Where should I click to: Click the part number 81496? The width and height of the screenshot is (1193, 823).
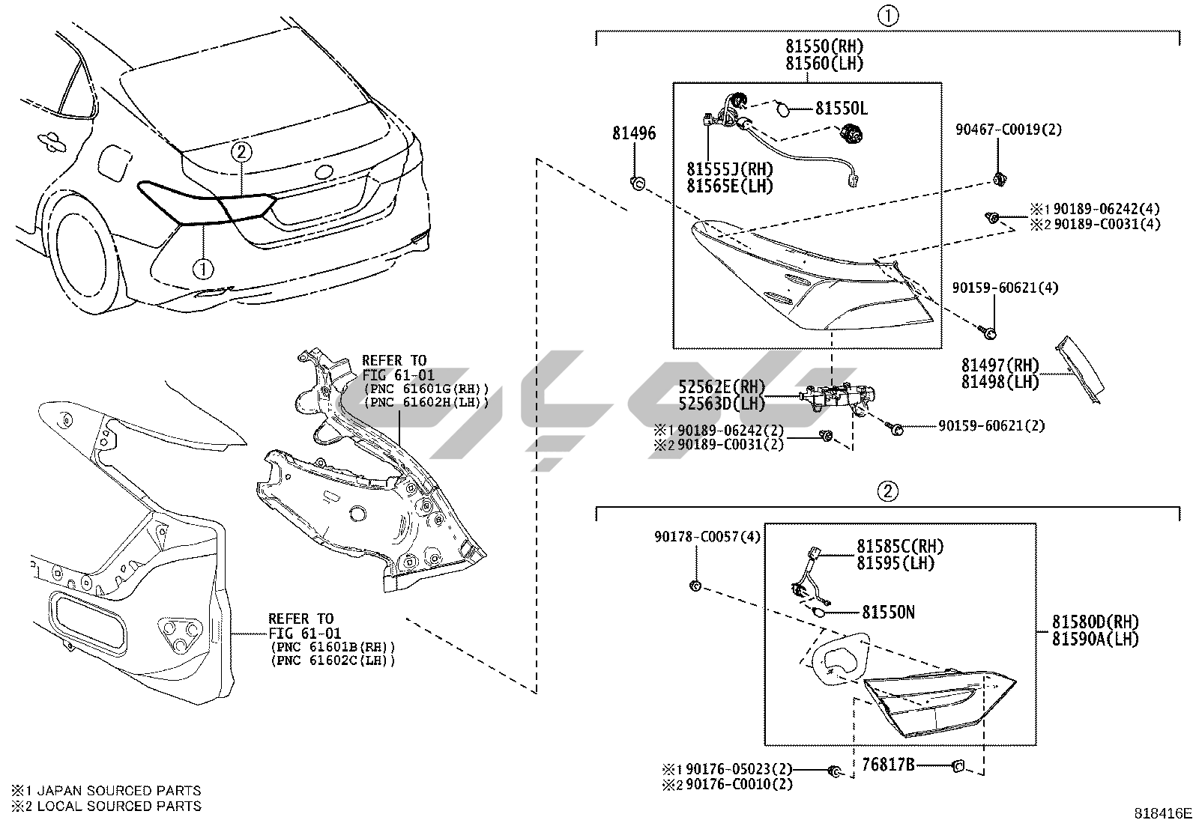tap(633, 133)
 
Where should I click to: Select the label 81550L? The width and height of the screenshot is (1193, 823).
tap(841, 109)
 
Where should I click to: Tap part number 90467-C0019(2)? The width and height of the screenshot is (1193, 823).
tap(1008, 130)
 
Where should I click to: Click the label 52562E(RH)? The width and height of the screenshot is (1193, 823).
tap(722, 387)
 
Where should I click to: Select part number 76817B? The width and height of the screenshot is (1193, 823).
tap(888, 765)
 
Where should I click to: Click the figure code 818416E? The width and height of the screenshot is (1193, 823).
tap(1162, 813)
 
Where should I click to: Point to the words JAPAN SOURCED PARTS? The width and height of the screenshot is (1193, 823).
tap(118, 790)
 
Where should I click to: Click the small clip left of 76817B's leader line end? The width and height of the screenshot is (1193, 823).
tap(958, 765)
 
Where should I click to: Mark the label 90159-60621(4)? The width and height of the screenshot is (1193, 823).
tap(1005, 288)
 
